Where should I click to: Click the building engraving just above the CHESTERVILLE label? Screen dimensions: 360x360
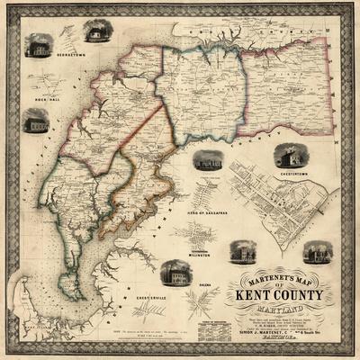[174, 272]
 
